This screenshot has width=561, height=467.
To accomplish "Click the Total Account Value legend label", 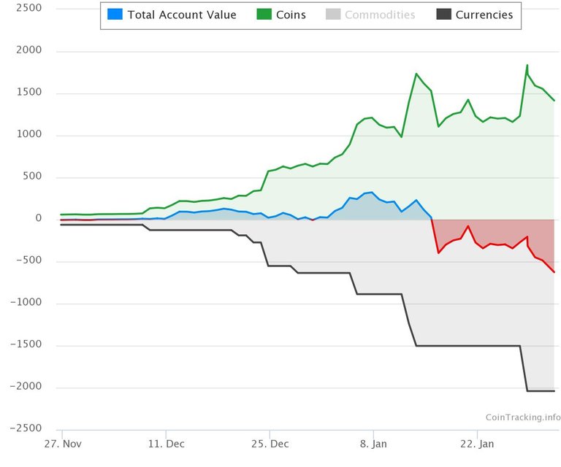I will coord(182,15).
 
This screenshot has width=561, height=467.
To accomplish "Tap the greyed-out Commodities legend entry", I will coord(380,15).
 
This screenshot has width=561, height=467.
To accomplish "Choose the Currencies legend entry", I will coord(484,15).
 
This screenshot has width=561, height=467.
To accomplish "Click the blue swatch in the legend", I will coord(115,15).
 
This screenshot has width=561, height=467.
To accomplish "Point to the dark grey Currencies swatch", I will coord(443,15).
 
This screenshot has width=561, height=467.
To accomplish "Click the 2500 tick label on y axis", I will coord(28,9).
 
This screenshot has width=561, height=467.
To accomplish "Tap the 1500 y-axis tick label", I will coord(28,93).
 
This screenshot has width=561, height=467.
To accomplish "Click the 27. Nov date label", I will coord(62,444).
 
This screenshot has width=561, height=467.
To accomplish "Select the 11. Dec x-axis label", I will coord(166,444).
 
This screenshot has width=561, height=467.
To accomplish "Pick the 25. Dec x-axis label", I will coord(270,444).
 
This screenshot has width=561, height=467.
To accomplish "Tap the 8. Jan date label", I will coord(373,444).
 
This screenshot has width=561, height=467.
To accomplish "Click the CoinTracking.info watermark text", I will coord(523,417).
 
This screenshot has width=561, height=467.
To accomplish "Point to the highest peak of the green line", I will coord(527,65).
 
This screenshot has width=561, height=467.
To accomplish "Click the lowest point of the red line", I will coord(554,272).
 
